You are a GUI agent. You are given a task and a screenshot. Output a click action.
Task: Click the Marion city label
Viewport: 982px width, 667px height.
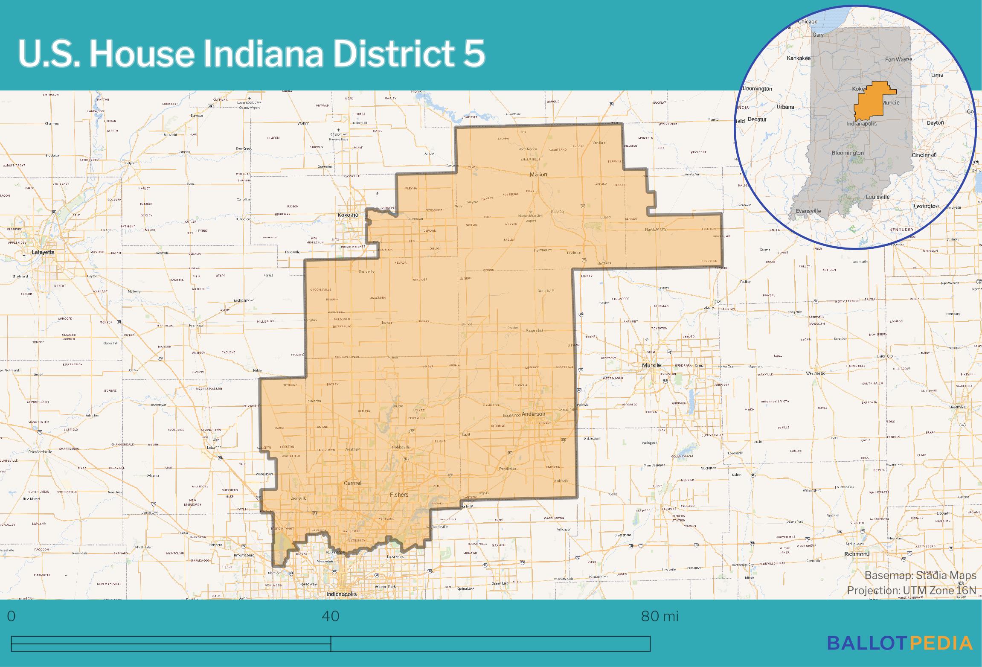click(x=538, y=175)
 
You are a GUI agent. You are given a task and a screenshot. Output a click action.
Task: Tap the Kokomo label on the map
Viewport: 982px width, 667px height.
click(x=348, y=215)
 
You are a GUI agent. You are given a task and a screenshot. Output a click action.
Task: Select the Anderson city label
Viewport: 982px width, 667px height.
click(x=533, y=414)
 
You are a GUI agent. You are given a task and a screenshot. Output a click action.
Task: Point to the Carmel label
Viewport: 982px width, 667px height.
click(x=353, y=483)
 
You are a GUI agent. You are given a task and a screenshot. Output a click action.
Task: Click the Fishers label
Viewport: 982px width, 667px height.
click(x=399, y=495)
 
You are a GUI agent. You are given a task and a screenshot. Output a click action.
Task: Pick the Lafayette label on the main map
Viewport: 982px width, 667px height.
click(x=43, y=252)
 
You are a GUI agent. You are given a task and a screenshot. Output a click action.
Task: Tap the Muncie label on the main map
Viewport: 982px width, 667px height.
click(x=651, y=365)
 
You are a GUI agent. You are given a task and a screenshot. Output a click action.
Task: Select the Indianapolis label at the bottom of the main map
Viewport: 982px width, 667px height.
click(x=341, y=594)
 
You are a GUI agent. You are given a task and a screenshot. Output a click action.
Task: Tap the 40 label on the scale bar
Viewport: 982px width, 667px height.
click(x=331, y=617)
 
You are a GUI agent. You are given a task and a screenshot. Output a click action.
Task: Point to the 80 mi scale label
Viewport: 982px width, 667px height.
click(x=660, y=617)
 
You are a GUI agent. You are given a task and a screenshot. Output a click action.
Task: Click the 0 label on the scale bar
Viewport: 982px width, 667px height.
click(x=12, y=617)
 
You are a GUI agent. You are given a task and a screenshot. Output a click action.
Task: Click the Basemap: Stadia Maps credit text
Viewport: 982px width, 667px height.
click(x=920, y=575)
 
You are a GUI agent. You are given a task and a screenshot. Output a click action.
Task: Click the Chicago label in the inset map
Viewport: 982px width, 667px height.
click(x=808, y=22)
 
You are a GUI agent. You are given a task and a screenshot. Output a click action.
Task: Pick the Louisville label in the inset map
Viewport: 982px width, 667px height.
click(x=877, y=197)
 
